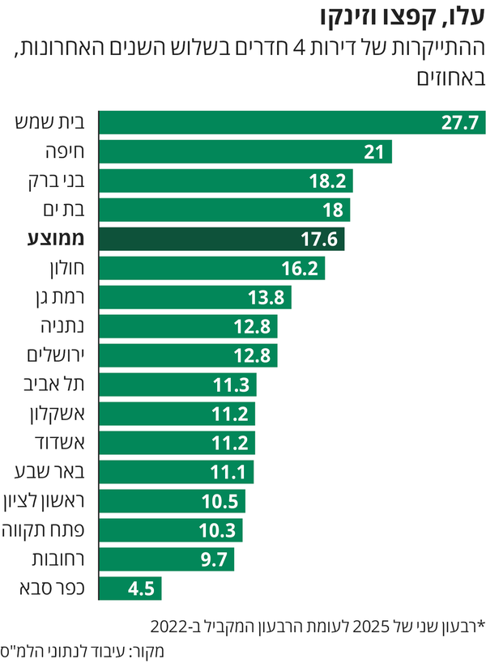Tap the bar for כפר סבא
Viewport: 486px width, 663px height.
click(130, 588)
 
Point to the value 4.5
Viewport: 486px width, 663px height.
click(143, 588)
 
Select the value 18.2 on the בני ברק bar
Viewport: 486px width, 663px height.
click(329, 181)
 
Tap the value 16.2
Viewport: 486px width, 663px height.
click(301, 269)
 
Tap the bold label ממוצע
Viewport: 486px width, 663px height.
click(51, 240)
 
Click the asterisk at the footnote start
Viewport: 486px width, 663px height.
click(480, 624)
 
